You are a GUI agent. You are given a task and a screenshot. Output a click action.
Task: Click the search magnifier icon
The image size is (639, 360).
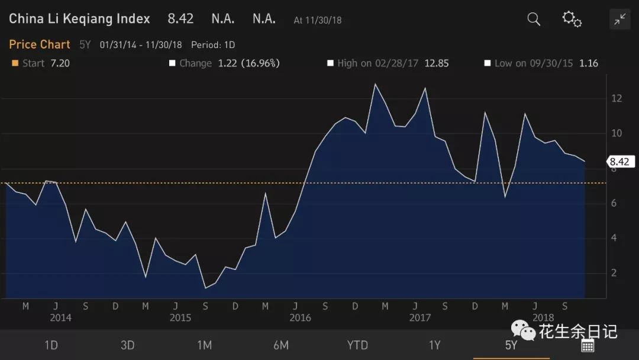tap(534, 20)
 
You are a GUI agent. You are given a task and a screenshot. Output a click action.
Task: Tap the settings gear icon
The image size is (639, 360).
tap(572, 19)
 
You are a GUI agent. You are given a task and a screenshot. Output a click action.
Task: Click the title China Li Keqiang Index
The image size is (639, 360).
tap(79, 19)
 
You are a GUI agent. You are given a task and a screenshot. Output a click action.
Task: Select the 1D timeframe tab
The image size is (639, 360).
tap(51, 345)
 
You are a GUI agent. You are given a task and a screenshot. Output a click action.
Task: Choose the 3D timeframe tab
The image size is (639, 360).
tap(128, 345)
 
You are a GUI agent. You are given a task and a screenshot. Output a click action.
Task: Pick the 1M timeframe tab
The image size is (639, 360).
tap(204, 345)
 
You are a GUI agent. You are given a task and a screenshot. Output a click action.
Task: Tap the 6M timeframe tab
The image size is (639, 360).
tap(281, 345)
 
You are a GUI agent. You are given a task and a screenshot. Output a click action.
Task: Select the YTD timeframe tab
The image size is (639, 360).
tap(357, 345)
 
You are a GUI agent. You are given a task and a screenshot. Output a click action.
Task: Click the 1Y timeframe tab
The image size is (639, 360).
tap(434, 345)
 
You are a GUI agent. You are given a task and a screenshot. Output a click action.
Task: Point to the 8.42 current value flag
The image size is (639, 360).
tap(619, 162)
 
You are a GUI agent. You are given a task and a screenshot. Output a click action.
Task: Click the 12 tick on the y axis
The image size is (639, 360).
tap(617, 98)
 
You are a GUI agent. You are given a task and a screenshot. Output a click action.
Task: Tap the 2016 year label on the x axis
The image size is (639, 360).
tap(301, 318)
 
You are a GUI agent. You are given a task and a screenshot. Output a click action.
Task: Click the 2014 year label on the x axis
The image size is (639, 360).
tap(60, 318)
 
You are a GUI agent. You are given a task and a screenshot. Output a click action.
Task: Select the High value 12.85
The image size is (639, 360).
tap(437, 63)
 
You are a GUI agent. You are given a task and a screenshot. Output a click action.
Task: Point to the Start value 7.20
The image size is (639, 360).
tap(60, 63)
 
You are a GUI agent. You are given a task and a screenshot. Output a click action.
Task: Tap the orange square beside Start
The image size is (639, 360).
tap(15, 63)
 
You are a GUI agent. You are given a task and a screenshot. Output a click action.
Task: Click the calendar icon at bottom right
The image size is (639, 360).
tap(588, 346)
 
